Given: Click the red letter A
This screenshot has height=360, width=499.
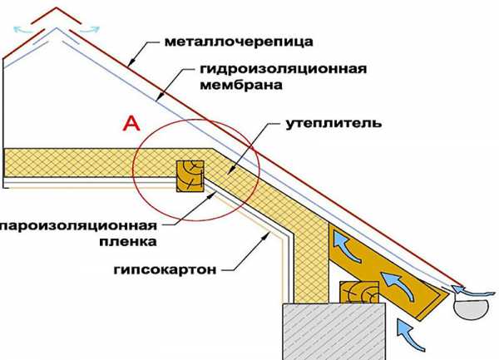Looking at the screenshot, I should (130, 124).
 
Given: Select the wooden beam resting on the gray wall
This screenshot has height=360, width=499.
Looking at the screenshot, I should (358, 291).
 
